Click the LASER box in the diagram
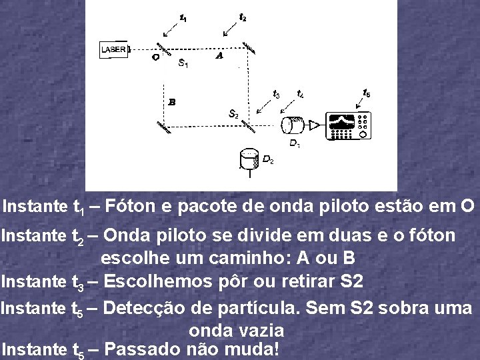[114, 50]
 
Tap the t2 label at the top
[243, 17]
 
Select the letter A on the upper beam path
[219, 57]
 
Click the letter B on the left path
[172, 102]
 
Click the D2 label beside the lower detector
[267, 159]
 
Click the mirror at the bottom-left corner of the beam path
[163, 126]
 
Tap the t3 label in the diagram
[276, 94]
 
